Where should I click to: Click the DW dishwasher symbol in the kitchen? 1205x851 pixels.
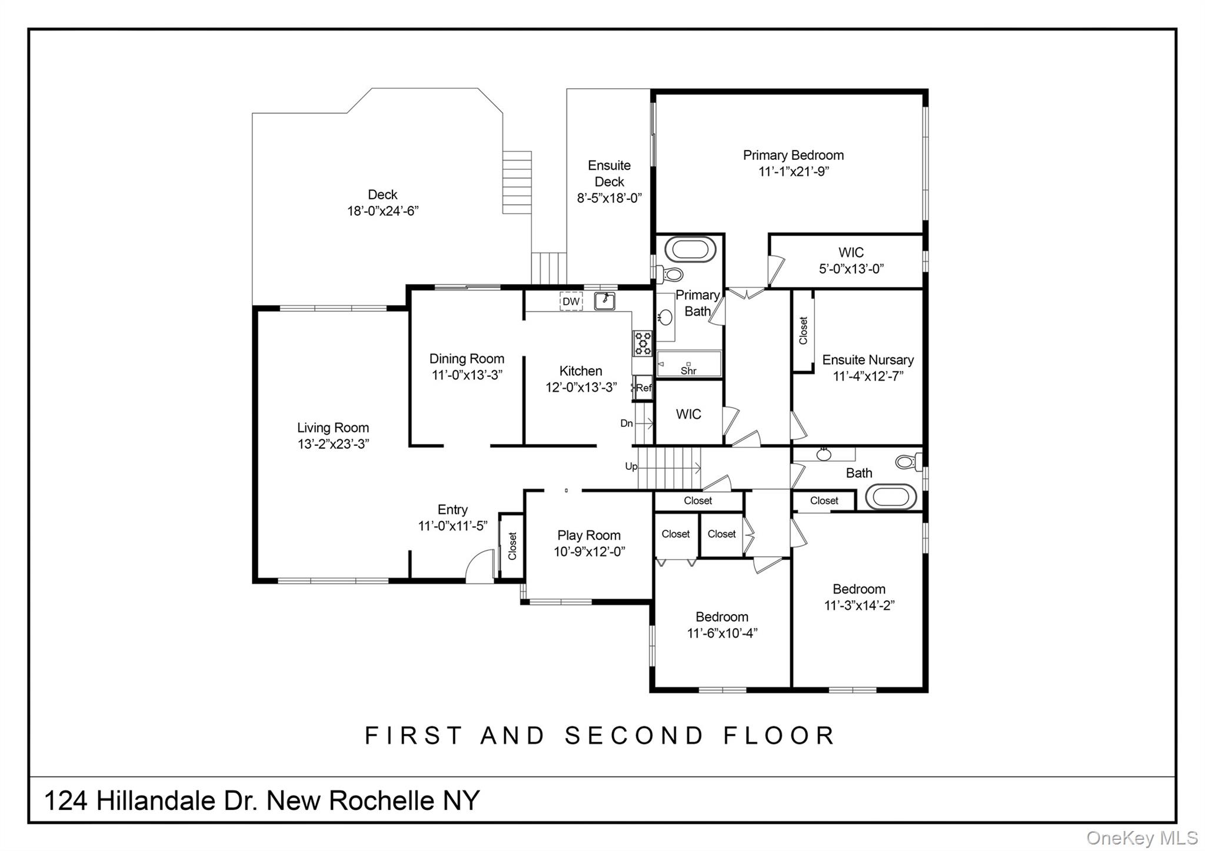(x=571, y=302)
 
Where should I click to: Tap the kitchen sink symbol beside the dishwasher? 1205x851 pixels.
(x=604, y=301)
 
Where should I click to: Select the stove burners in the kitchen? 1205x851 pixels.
(x=642, y=343)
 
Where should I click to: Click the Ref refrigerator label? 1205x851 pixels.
(x=644, y=388)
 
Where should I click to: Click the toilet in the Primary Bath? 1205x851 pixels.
(x=670, y=274)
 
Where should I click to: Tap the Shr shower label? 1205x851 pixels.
(x=688, y=371)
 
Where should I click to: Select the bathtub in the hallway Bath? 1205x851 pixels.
(x=891, y=497)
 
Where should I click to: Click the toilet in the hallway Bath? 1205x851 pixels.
(x=908, y=462)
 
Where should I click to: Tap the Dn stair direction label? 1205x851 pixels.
(x=627, y=423)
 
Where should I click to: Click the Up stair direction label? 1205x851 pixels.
(x=631, y=466)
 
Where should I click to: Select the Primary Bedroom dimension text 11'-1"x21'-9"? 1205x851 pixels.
(x=793, y=172)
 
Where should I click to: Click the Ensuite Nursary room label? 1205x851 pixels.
(x=867, y=360)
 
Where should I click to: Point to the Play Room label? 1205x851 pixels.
(x=588, y=535)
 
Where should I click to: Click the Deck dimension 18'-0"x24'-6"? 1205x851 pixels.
(x=382, y=211)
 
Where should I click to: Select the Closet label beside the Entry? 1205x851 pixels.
(x=512, y=546)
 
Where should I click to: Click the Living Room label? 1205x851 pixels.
(x=333, y=428)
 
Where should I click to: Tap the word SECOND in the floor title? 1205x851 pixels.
(x=634, y=736)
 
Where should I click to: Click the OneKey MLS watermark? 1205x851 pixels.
(x=1141, y=837)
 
